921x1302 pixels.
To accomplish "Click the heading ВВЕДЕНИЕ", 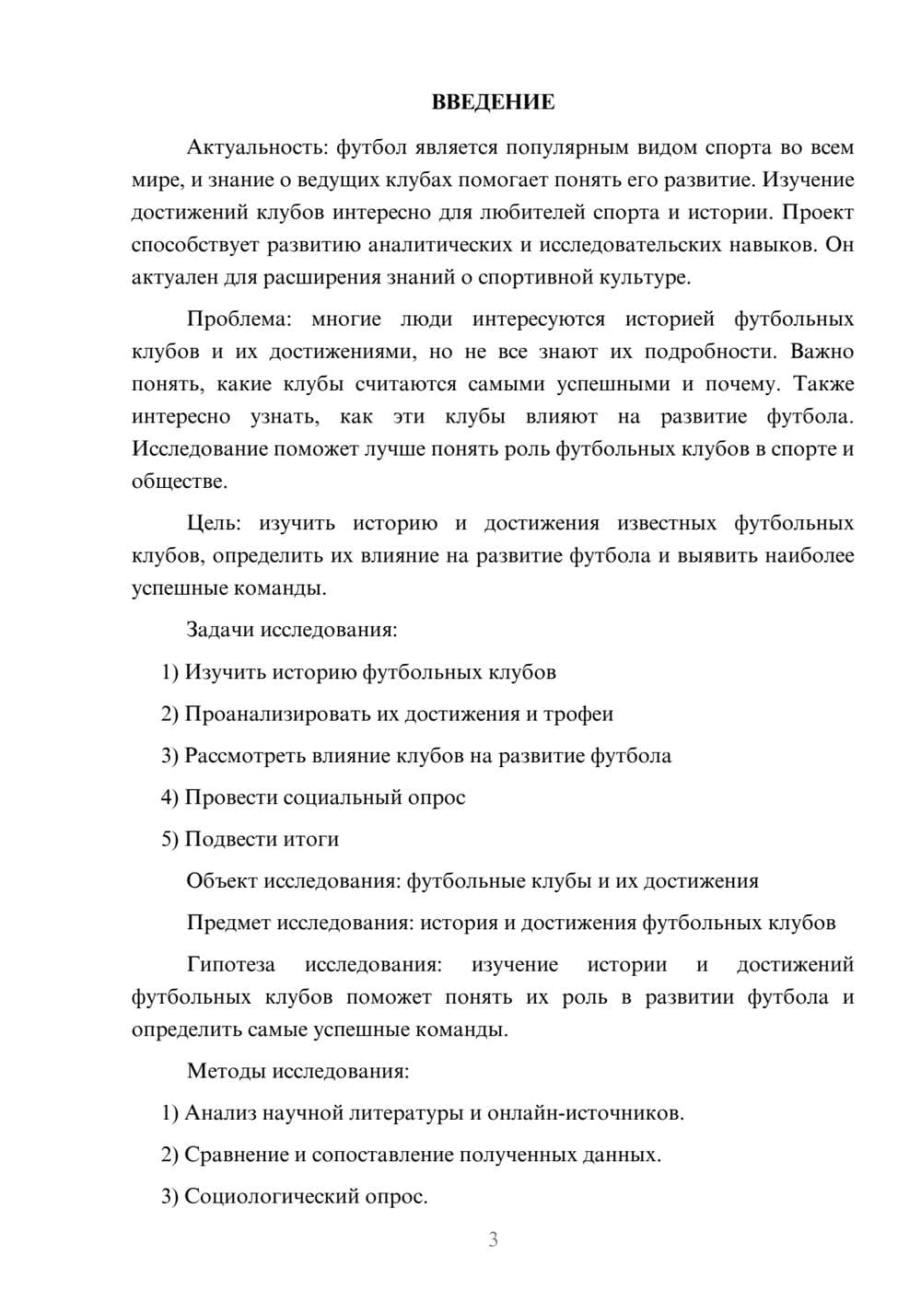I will point(493,102).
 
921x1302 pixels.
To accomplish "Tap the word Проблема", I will point(239,320).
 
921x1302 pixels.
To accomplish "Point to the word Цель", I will point(213,523).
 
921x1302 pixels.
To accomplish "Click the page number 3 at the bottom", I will point(493,1239).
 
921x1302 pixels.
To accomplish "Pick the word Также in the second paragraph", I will point(823,384).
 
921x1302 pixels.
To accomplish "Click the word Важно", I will point(822,352).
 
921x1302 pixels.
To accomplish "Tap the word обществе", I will point(178,482).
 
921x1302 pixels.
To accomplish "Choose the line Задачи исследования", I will point(292,630).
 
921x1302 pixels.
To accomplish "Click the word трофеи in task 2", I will point(577,714).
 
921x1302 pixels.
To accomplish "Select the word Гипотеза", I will point(230,965).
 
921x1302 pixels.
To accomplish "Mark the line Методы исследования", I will point(297,1071).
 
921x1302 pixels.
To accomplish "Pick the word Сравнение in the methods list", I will point(237,1155).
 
